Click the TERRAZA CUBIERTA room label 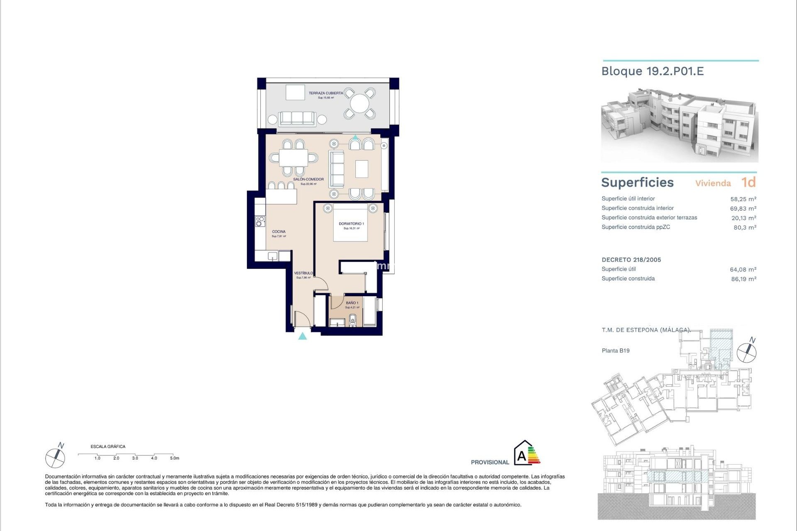(x=326, y=93)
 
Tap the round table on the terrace (x=360, y=103)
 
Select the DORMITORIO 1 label (x=351, y=224)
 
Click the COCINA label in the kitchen (x=279, y=232)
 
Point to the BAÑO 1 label (x=352, y=303)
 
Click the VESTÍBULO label (x=303, y=273)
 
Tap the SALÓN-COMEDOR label (x=308, y=180)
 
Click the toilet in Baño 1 (x=353, y=319)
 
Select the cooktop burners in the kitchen (x=260, y=222)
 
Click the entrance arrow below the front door (x=303, y=336)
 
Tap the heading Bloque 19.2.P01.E (x=653, y=71)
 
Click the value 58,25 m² (x=743, y=199)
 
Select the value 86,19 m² (x=743, y=279)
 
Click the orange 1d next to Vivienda (x=748, y=183)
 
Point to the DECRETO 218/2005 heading (x=631, y=260)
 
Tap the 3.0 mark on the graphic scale (x=135, y=458)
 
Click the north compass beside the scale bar (x=55, y=458)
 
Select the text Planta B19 (x=616, y=351)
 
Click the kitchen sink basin (x=272, y=256)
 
